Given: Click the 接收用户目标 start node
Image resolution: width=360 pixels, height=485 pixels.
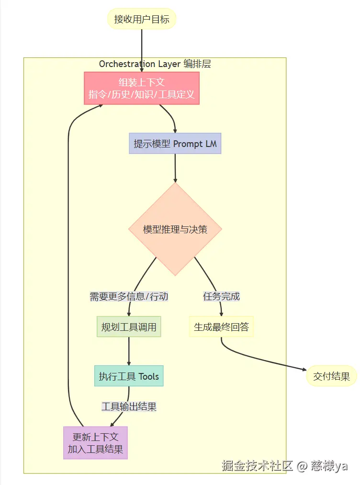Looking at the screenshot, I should pyautogui.click(x=142, y=20).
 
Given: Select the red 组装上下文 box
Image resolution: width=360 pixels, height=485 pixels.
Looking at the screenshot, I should pyautogui.click(x=142, y=88).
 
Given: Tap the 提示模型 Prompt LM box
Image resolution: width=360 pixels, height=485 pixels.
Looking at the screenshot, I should pyautogui.click(x=175, y=144).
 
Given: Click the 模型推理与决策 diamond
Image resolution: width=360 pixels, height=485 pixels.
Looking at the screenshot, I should pyautogui.click(x=175, y=229).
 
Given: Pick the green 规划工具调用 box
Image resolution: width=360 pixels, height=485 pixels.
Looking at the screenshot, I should pyautogui.click(x=129, y=327).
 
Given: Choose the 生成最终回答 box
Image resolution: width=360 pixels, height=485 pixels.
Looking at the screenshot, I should pyautogui.click(x=221, y=327).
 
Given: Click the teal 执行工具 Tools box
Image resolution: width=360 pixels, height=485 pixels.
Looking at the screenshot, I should pyautogui.click(x=129, y=376).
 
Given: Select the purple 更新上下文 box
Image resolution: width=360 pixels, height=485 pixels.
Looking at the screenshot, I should pyautogui.click(x=95, y=443).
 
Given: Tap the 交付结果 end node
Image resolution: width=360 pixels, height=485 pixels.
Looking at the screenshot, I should pyautogui.click(x=331, y=376).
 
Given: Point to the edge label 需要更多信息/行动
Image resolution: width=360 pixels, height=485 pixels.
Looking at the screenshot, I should pyautogui.click(x=129, y=296).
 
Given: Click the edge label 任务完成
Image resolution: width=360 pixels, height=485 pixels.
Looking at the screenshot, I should pyautogui.click(x=221, y=296).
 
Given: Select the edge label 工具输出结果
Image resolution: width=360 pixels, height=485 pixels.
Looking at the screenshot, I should pyautogui.click(x=129, y=406).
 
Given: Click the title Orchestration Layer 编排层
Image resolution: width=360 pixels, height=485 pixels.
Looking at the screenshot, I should pyautogui.click(x=155, y=64).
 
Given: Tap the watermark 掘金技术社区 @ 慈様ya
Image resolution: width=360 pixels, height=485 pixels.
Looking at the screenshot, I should pyautogui.click(x=284, y=465).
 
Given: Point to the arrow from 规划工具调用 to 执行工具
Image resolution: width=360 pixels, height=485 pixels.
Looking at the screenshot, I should pyautogui.click(x=129, y=351).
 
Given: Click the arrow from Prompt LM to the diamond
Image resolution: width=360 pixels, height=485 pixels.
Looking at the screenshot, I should pyautogui.click(x=175, y=168).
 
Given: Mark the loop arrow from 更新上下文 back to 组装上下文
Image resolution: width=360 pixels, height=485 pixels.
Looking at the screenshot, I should pyautogui.click(x=68, y=263).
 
